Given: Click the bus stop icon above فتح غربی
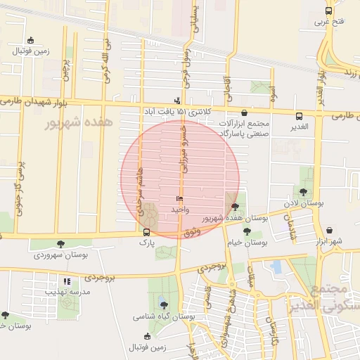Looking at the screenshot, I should (328, 11).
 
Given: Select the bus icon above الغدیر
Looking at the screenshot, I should (300, 116).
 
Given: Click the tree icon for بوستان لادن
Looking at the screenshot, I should (303, 191).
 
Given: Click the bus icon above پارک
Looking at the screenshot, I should (146, 232).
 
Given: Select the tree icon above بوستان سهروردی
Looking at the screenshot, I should (61, 244).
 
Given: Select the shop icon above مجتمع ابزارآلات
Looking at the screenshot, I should (244, 112).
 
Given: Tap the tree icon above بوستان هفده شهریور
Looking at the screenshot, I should (234, 206).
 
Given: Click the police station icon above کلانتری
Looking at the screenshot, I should (176, 101).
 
